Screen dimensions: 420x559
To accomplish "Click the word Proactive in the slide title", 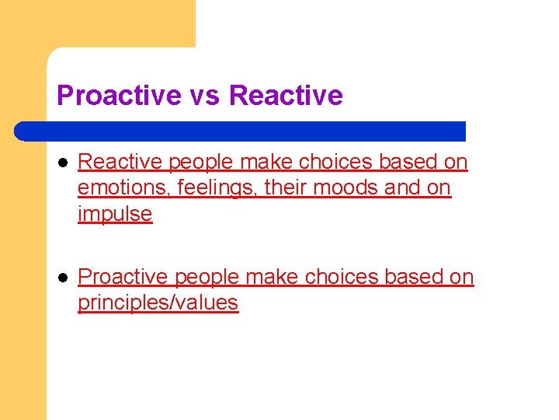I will (x=120, y=96).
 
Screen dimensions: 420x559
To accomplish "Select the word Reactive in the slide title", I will (x=286, y=96).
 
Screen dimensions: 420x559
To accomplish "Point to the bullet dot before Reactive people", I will (x=61, y=163).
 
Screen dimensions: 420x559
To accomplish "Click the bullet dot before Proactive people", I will (x=61, y=278).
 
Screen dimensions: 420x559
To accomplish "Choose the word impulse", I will (x=115, y=215).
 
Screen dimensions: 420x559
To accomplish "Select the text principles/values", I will (x=158, y=303).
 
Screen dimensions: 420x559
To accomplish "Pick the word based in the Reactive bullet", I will (x=408, y=162).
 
